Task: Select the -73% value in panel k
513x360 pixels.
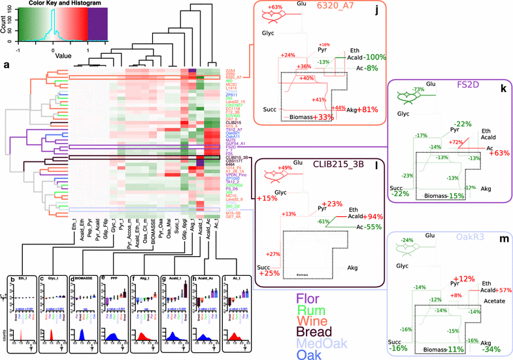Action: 418,88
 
